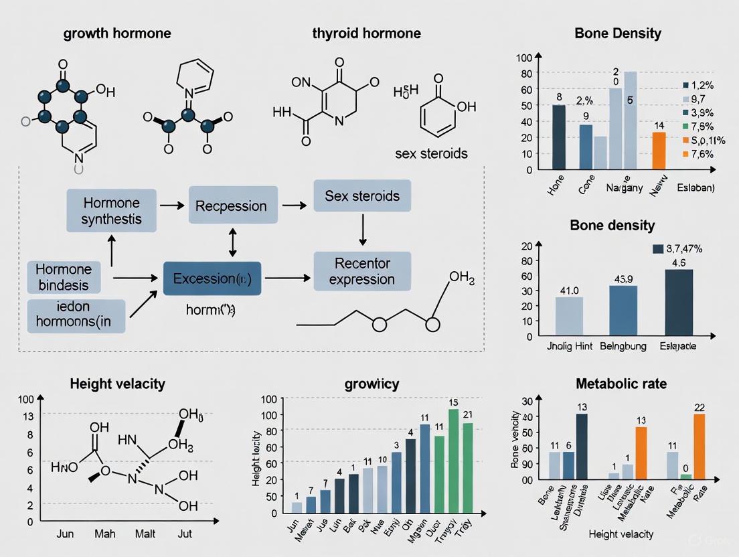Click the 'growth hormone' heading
pos(117,33)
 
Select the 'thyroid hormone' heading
pos(366,33)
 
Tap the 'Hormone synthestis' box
pos(112,210)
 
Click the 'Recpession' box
pos(231,207)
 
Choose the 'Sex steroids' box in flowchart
pos(362,196)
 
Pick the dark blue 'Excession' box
pos(212,278)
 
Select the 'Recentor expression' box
pos(362,270)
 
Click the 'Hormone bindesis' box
pos(64,277)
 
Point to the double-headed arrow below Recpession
pos(232,242)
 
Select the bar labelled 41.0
pos(569,317)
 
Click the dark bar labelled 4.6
pos(679,302)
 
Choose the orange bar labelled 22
pos(700,446)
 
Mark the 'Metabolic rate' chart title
pos(620,384)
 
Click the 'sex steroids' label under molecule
pos(432,153)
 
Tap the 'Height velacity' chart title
pos(117,384)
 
